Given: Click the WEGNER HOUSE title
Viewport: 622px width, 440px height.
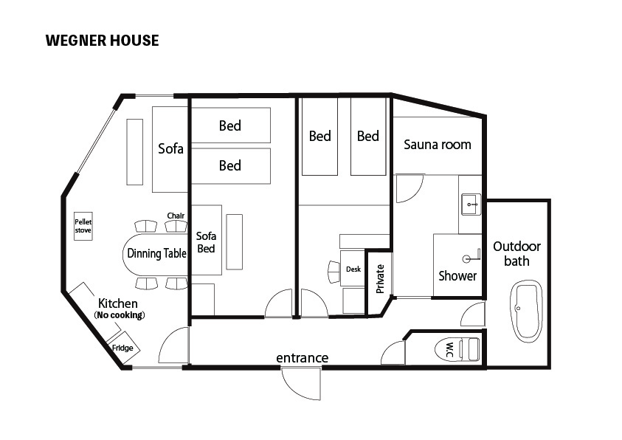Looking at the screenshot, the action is pos(103,41).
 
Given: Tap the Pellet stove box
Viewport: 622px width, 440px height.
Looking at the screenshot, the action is pos(83,226).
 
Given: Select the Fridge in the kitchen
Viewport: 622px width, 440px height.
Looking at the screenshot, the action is pos(124,348).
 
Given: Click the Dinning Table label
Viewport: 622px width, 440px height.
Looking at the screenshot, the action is pos(156,253).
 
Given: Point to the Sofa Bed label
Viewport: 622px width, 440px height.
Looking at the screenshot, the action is pos(207,242).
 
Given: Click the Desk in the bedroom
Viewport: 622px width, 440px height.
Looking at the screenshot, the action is pos(353,268).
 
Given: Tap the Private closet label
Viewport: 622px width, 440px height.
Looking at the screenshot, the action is pos(380,279).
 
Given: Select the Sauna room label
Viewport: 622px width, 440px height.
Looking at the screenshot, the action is pos(438,145).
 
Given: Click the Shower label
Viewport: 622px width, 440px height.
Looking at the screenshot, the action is pos(457,276).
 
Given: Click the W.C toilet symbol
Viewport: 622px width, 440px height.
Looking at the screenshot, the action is pos(457,349).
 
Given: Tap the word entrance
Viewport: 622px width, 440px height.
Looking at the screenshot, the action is pos(303,358).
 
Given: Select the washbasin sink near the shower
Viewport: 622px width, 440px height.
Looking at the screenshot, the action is pos(471,204).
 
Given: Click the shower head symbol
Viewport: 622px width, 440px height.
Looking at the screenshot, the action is pos(472,257).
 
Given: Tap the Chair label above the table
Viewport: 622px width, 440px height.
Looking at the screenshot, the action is pos(176,216).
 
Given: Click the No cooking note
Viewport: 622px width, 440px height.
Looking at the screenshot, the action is pos(120,315).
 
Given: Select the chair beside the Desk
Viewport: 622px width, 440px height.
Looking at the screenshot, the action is pos(334,272).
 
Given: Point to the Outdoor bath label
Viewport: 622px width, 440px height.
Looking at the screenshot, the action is pos(517,253).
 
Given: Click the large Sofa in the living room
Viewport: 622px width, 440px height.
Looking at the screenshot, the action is pos(170,149).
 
